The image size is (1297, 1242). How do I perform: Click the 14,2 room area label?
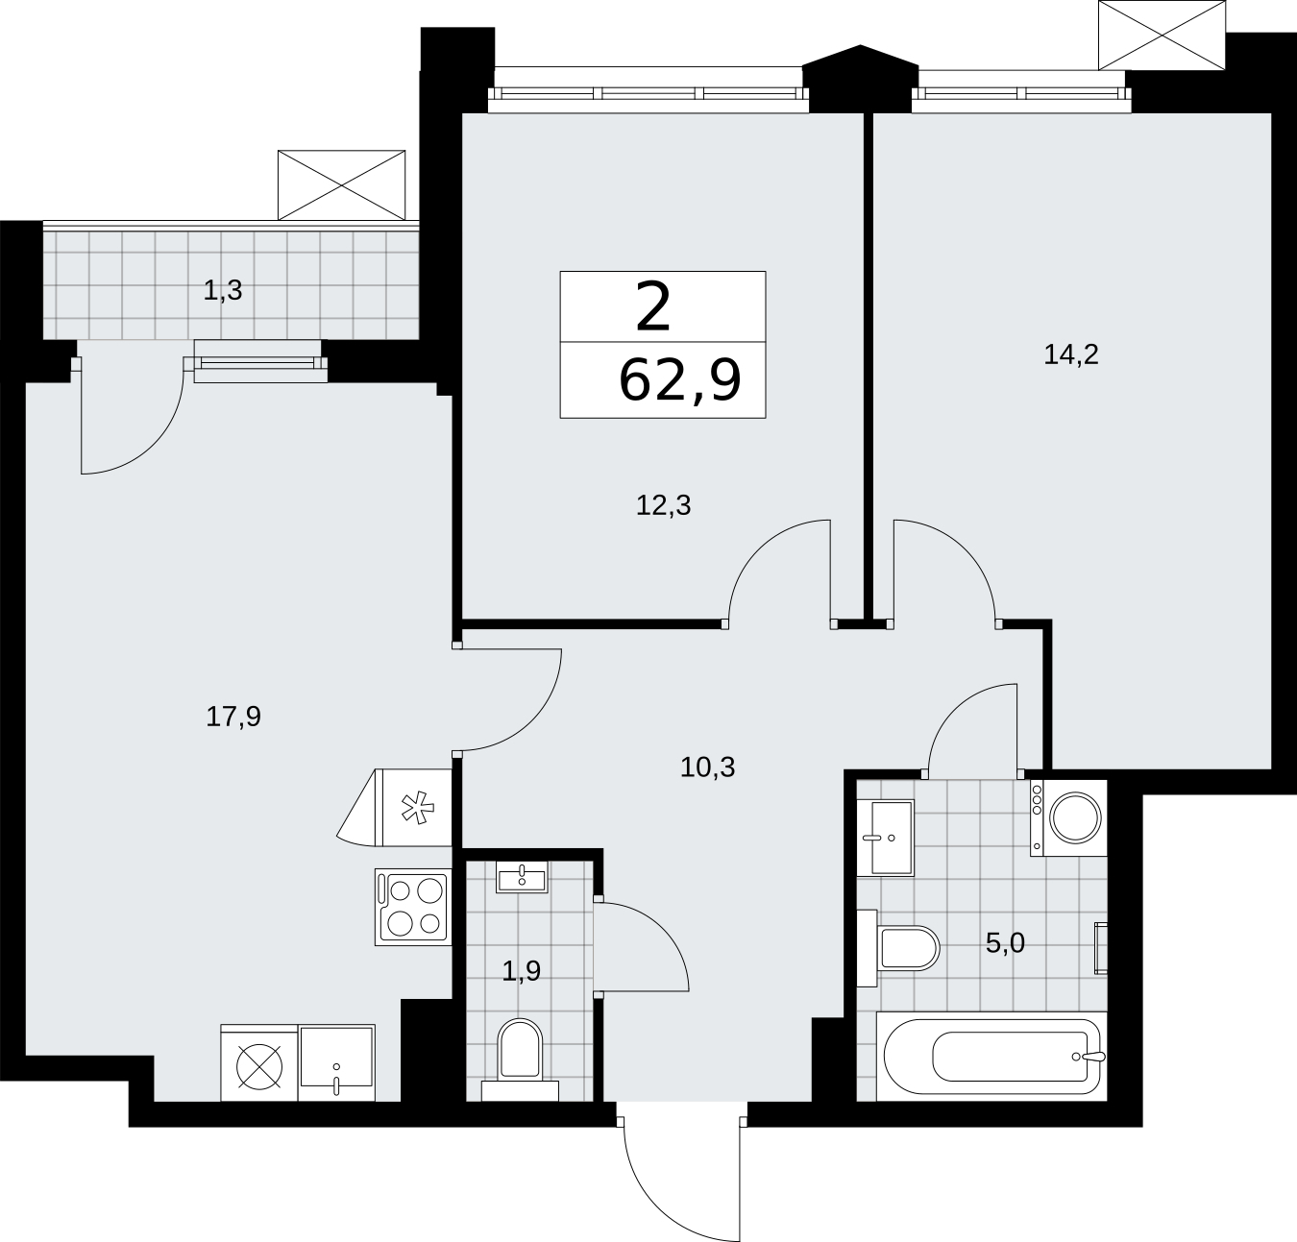[x=1070, y=354]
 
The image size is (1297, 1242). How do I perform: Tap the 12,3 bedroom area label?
[x=663, y=505]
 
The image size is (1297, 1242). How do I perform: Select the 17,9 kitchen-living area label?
[x=233, y=717]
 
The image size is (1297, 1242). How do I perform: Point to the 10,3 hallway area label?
[x=707, y=767]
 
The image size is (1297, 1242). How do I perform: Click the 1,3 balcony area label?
[x=223, y=290]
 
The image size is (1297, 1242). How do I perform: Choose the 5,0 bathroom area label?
[x=1005, y=943]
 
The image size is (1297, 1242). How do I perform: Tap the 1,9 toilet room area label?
[x=521, y=971]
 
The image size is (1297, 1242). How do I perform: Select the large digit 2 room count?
[x=652, y=307]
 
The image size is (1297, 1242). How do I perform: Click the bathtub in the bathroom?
[x=991, y=1056]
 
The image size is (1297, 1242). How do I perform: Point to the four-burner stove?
[x=413, y=907]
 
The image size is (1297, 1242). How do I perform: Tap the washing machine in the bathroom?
[x=1068, y=817]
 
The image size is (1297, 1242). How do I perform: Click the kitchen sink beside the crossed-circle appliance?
[x=336, y=1062]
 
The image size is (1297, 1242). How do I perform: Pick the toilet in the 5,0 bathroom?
[x=898, y=947]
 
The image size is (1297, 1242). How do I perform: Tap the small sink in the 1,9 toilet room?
[x=521, y=877]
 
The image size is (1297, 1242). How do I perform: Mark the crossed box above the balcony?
[x=341, y=184]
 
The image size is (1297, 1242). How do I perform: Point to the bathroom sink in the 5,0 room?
[x=886, y=838]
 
